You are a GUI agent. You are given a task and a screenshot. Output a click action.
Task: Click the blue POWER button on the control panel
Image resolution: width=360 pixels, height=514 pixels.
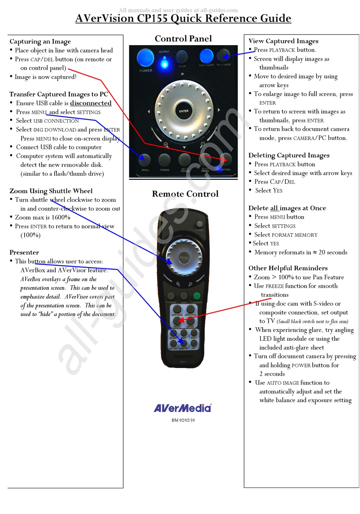pos(145,58)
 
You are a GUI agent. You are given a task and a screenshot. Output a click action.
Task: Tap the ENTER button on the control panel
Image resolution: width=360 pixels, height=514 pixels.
pos(184,111)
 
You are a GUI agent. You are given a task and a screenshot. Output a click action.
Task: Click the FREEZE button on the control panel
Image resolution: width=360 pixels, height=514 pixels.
pos(164,160)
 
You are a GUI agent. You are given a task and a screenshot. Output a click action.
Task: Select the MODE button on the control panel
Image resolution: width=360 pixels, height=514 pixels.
pos(182,57)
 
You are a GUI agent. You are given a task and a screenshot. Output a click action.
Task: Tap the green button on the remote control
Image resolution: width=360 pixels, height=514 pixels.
pos(197,296)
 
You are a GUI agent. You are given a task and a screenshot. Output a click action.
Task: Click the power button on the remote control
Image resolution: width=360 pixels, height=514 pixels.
pos(199,224)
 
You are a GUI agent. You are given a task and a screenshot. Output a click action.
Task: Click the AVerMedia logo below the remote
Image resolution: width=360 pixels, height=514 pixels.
pos(183,408)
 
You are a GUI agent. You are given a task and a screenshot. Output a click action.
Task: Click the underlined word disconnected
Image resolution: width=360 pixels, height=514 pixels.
pos(91,103)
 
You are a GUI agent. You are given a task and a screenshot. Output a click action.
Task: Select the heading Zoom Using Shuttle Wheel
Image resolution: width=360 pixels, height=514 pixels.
pos(51,191)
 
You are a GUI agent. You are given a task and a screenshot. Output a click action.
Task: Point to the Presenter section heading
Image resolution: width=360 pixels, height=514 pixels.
pos(24,252)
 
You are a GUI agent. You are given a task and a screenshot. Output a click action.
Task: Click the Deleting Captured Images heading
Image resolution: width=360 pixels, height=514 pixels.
pos(289,155)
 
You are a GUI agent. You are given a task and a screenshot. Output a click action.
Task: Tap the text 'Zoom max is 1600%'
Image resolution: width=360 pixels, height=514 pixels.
pos(42,218)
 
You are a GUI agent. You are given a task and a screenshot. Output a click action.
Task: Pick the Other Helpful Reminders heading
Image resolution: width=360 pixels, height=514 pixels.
pos(288,268)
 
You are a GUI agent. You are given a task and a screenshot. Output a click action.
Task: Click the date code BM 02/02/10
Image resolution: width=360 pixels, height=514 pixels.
pos(183,420)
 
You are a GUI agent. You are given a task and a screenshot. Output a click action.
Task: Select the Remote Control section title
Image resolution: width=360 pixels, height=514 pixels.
pos(185,194)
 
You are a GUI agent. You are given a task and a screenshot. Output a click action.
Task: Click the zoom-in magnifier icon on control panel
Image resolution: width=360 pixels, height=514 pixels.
pos(166,145)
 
